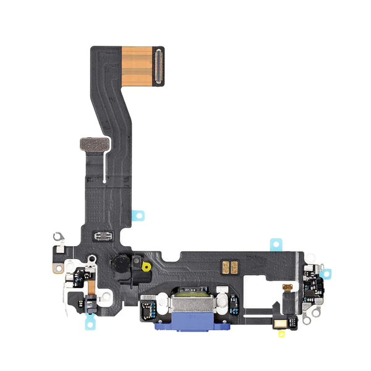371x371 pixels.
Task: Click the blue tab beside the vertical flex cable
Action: click(140, 215)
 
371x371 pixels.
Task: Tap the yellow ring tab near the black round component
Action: click(147, 267)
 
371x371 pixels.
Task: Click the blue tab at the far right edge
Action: click(326, 273)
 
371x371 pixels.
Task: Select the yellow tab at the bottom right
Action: click(281, 334)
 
